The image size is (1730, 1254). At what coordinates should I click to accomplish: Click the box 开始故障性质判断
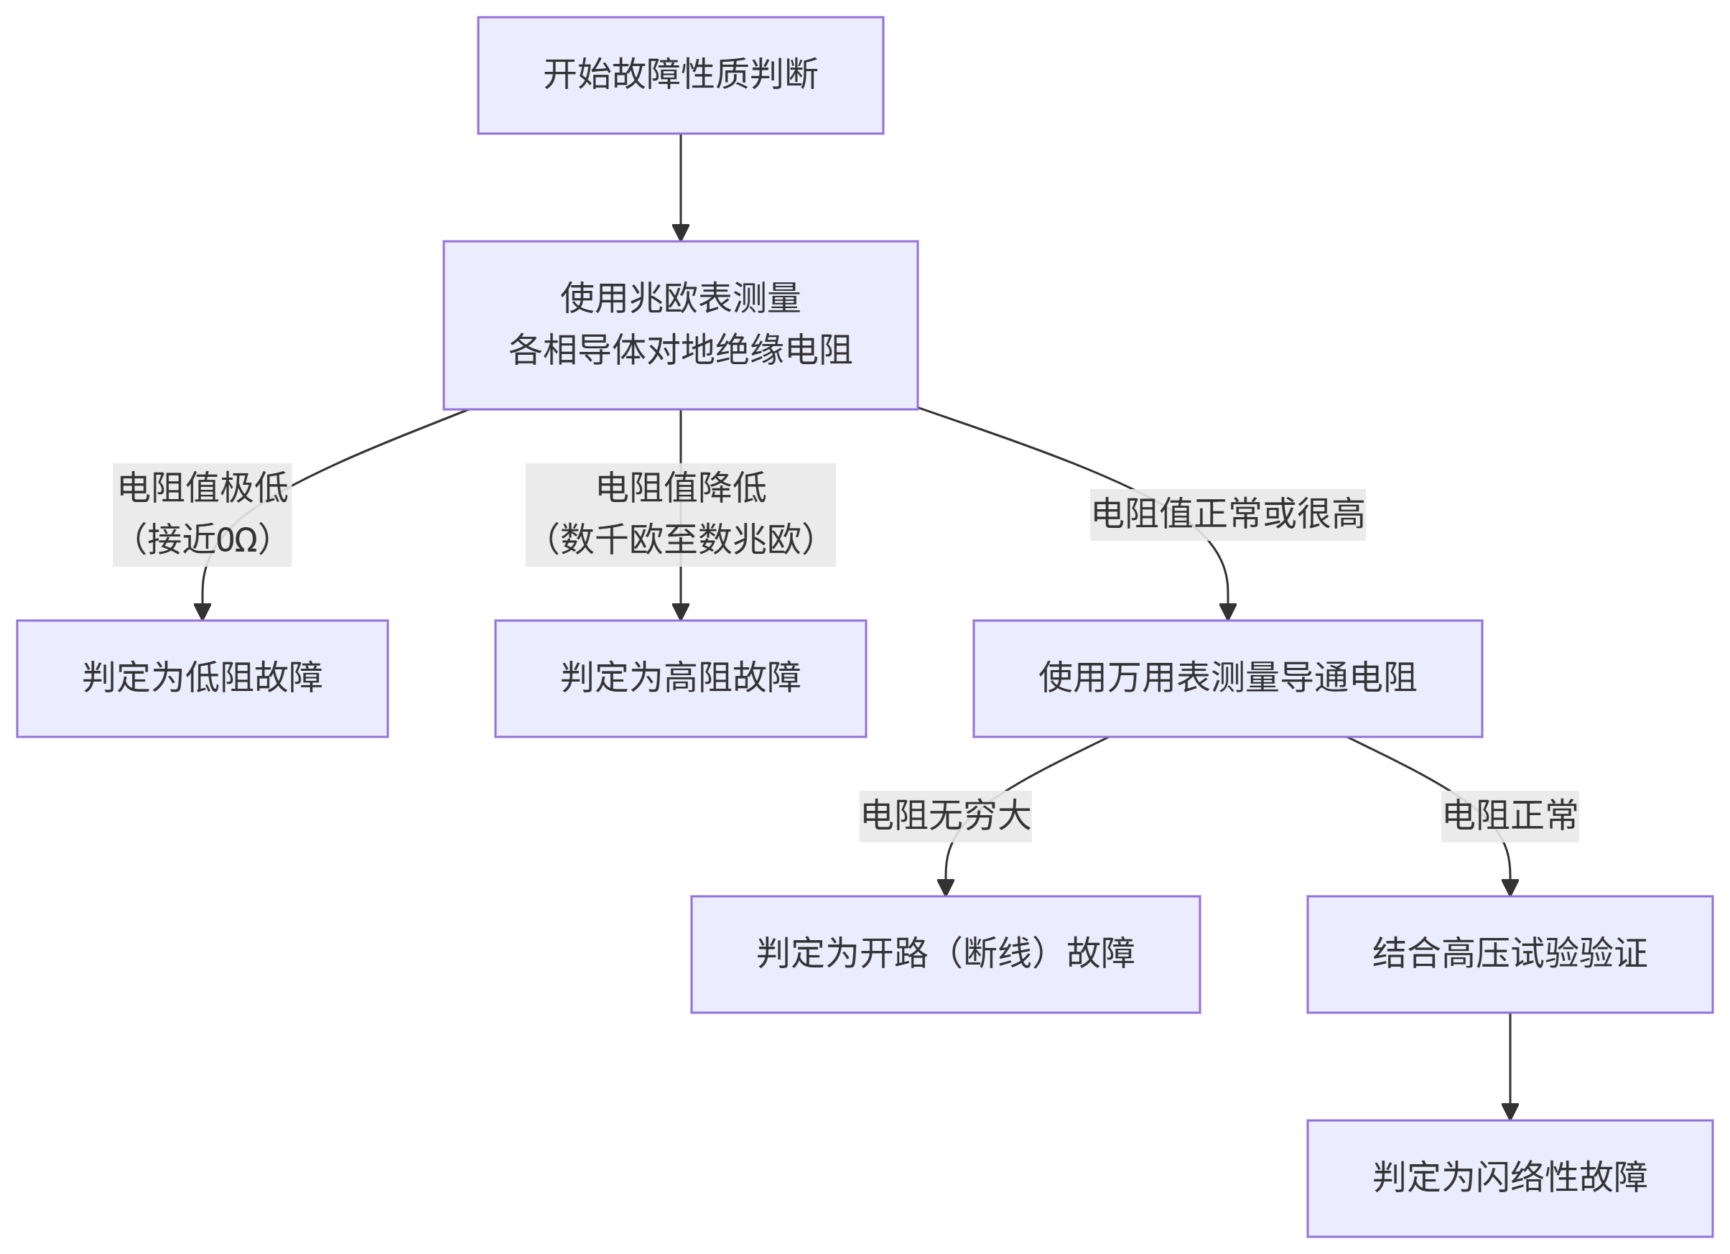pyautogui.click(x=680, y=75)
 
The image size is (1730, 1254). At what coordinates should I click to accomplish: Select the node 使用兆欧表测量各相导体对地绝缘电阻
pyautogui.click(x=680, y=325)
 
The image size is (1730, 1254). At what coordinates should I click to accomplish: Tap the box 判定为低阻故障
pyautogui.click(x=202, y=678)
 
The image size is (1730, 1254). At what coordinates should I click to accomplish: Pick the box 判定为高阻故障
pyautogui.click(x=680, y=678)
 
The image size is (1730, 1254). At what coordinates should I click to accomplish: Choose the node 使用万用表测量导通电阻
pyautogui.click(x=1227, y=678)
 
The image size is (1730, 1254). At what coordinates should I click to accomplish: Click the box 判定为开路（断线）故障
pyautogui.click(x=945, y=955)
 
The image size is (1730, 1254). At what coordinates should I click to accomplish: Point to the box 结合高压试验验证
pyautogui.click(x=1510, y=955)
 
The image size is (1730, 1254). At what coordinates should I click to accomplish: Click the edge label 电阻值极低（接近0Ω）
pyautogui.click(x=202, y=514)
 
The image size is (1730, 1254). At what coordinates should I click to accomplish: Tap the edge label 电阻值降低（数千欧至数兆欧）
pyautogui.click(x=680, y=514)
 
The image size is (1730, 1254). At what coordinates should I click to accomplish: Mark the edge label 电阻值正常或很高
pyautogui.click(x=1227, y=514)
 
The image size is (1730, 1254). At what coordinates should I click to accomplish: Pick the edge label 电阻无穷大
pyautogui.click(x=945, y=815)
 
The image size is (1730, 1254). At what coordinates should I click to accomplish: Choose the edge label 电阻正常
pyautogui.click(x=1510, y=815)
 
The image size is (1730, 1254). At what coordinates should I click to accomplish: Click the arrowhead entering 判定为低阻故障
pyautogui.click(x=202, y=612)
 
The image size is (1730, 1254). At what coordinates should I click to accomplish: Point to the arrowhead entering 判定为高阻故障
pyautogui.click(x=680, y=612)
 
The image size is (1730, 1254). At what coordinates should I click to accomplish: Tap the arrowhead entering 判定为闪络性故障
pyautogui.click(x=1510, y=1111)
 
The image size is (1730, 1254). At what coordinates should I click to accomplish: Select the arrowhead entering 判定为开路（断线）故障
pyautogui.click(x=945, y=887)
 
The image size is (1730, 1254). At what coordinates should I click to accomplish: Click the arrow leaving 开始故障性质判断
pyautogui.click(x=680, y=183)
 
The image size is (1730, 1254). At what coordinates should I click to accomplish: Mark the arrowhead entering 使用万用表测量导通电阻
pyautogui.click(x=1227, y=612)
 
